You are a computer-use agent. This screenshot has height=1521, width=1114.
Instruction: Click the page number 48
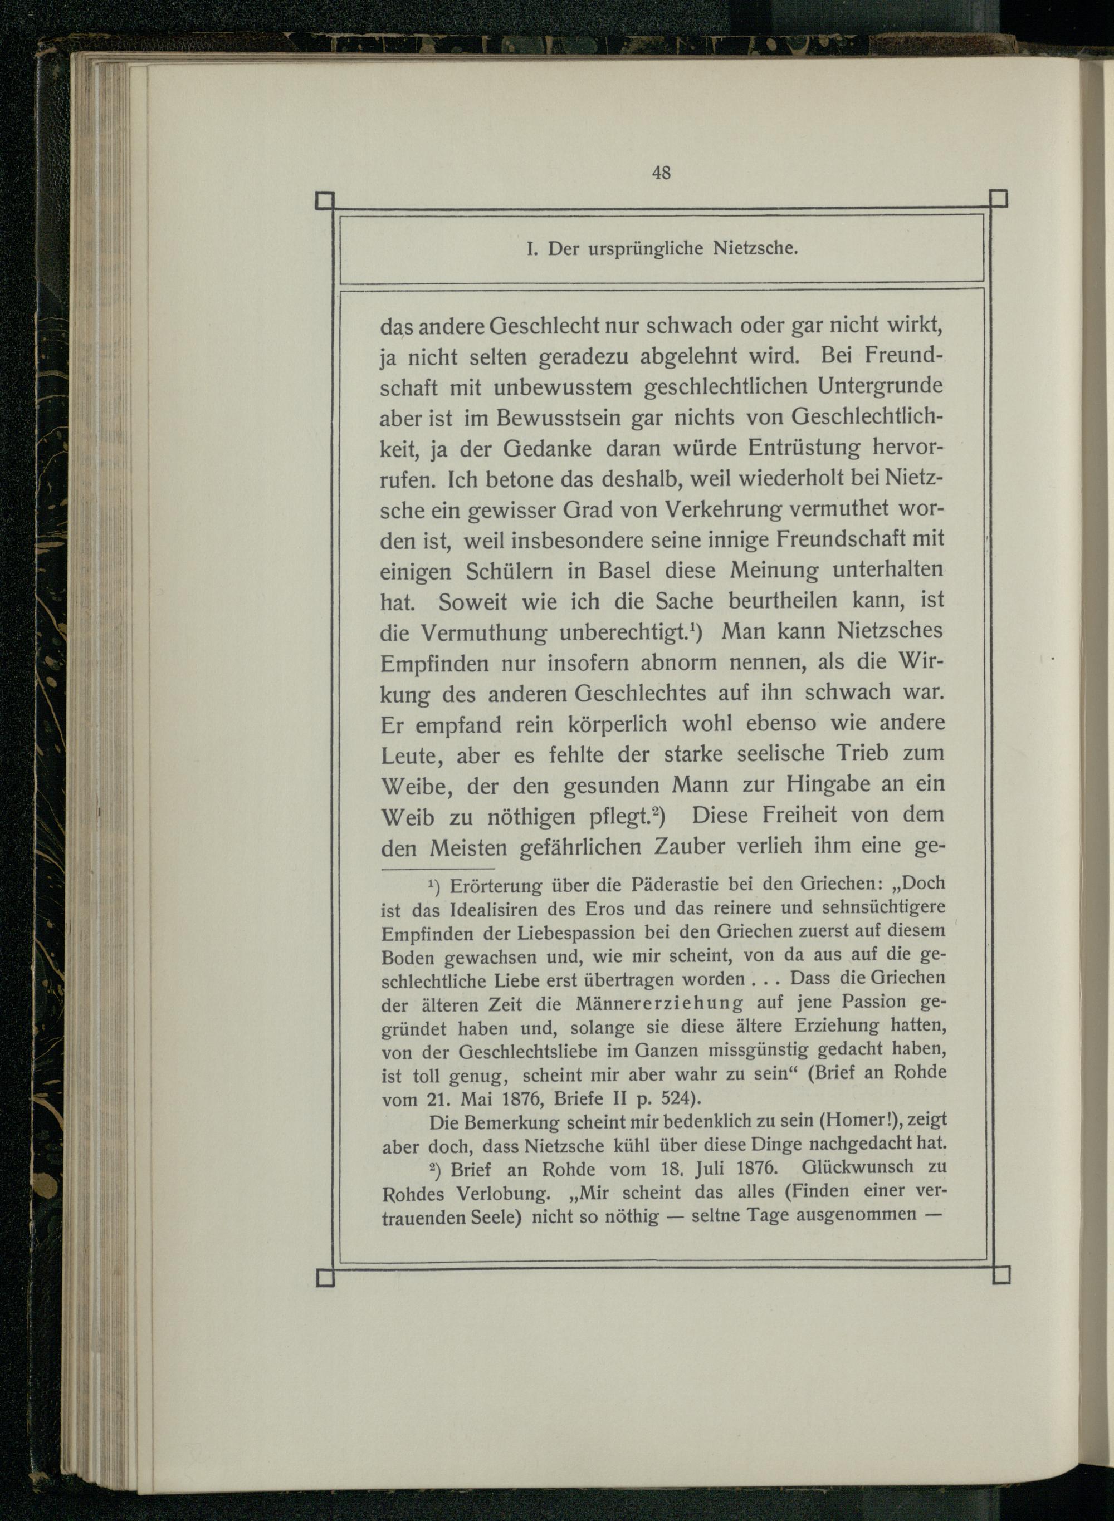click(x=661, y=173)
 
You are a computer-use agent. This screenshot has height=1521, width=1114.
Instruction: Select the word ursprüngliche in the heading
click(x=646, y=249)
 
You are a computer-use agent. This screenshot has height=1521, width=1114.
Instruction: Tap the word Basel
click(x=624, y=571)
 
